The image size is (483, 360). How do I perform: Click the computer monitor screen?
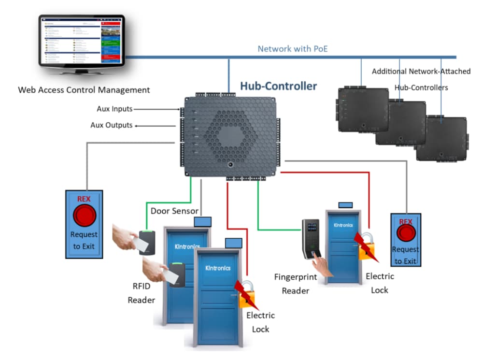coord(81,41)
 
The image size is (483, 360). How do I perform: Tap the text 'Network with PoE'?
coord(293,49)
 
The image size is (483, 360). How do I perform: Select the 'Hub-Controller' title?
coord(279,86)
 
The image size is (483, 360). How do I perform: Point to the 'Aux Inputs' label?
coord(114,109)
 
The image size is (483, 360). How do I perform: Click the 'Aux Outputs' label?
coord(112,125)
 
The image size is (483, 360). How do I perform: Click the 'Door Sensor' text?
coord(174,211)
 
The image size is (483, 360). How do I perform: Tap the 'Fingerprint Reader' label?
coord(295,284)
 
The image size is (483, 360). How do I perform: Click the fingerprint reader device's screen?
coord(312,226)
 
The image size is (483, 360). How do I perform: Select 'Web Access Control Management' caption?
coord(84,90)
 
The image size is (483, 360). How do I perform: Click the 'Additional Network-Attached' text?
coord(421,72)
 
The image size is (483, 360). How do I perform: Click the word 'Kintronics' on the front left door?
coord(218,268)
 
